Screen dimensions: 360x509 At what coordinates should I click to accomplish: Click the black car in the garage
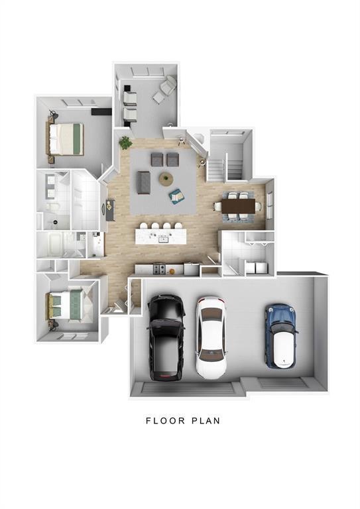(166, 337)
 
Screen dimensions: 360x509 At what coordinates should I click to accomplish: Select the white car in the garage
(211, 337)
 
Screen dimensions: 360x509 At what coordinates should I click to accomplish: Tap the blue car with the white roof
(281, 336)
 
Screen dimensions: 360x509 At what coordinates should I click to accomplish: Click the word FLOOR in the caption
(165, 421)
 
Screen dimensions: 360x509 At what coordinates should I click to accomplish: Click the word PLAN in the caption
(206, 421)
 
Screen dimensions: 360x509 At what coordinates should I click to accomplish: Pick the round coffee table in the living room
(166, 179)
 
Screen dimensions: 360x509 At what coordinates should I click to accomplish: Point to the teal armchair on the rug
(176, 196)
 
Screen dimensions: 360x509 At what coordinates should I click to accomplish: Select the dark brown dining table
(239, 206)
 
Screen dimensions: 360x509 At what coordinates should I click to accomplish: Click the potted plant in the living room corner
(125, 142)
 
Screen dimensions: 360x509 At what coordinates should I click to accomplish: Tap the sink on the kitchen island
(163, 240)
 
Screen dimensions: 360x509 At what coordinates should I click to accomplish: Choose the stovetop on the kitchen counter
(159, 269)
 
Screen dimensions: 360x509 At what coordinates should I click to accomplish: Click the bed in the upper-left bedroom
(66, 139)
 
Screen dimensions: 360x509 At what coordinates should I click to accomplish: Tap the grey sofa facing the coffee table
(143, 182)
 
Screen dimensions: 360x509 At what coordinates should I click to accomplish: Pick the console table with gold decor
(110, 210)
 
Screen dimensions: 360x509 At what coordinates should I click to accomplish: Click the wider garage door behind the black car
(189, 388)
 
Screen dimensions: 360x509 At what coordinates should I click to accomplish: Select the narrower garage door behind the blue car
(282, 383)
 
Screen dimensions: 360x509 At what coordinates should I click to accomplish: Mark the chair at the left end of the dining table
(218, 206)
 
